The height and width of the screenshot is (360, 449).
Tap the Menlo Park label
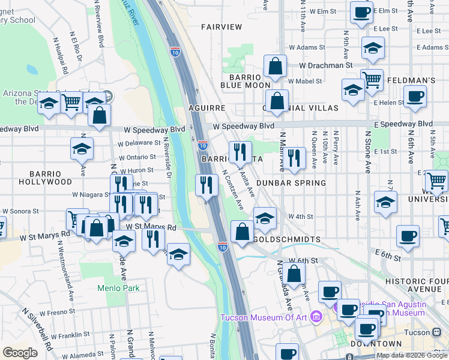(x=118, y=288)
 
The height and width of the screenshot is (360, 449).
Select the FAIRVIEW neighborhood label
(x=221, y=27)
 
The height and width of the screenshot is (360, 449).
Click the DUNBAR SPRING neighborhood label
(x=291, y=182)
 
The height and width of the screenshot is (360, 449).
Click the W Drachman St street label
(x=325, y=65)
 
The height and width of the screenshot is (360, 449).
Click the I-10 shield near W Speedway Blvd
(x=203, y=145)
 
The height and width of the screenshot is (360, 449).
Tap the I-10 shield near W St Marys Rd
(x=222, y=247)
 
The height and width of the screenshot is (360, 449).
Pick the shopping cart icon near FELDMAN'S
(x=372, y=79)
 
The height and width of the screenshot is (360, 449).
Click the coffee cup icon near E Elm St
(x=361, y=12)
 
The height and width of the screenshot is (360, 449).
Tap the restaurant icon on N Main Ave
(x=293, y=158)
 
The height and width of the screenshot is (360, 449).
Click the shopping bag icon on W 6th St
(x=294, y=273)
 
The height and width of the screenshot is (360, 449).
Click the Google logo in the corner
(x=20, y=353)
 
